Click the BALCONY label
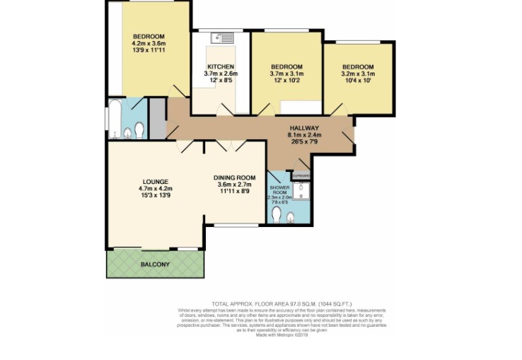[154, 265]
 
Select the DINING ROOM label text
[234, 178]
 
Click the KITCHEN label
[220, 67]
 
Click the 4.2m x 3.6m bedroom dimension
[149, 44]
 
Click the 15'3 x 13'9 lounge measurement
[156, 195]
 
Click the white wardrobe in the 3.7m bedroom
[301, 108]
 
